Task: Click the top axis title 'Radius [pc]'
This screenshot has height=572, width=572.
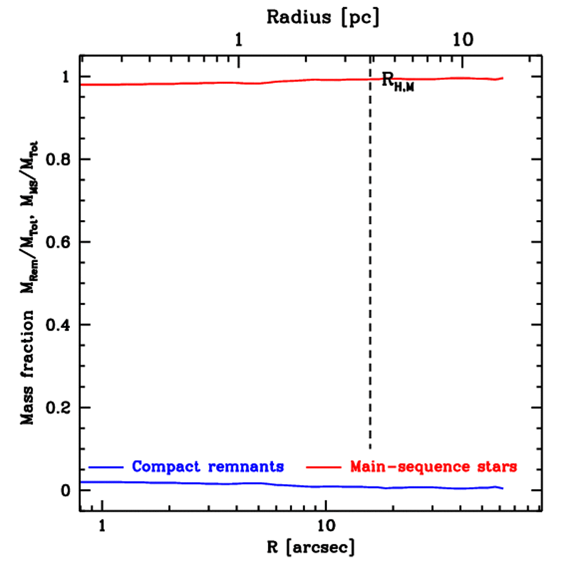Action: click(323, 17)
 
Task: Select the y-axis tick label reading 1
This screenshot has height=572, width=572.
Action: click(66, 77)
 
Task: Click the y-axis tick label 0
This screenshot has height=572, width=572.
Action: click(66, 490)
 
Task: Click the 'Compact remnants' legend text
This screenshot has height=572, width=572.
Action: click(208, 466)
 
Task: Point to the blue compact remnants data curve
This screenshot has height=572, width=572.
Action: click(223, 483)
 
